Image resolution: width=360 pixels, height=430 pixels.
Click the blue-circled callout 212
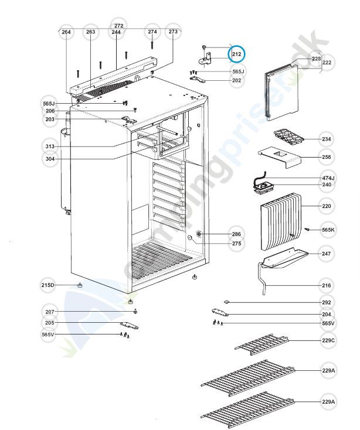[x=236, y=54]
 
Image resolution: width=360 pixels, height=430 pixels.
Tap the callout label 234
[x=326, y=139]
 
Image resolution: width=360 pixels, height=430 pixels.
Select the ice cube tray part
[x=289, y=138]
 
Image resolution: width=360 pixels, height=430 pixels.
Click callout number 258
[x=326, y=157]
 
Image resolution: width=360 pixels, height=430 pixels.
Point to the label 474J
[x=328, y=178]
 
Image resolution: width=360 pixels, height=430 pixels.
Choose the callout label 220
[x=326, y=206]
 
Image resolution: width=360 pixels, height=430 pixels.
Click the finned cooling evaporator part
[x=281, y=221]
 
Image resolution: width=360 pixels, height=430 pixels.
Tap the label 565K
[x=328, y=230]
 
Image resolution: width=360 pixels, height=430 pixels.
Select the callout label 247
[x=326, y=254]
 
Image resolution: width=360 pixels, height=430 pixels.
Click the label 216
[x=326, y=285]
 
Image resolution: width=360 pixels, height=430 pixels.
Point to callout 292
[x=326, y=302]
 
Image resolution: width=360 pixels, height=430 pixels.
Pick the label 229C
[x=328, y=340]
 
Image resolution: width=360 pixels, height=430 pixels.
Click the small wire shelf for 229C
[x=262, y=344]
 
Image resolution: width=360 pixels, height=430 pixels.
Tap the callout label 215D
[x=47, y=285]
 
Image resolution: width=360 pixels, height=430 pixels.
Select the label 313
[x=50, y=146]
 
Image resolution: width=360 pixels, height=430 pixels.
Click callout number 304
[x=50, y=159]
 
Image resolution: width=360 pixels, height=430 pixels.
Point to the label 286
[x=236, y=234]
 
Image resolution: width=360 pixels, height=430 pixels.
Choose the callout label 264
[x=66, y=32]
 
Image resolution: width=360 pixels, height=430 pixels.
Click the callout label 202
[x=236, y=80]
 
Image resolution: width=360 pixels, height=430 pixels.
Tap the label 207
[x=50, y=312]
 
